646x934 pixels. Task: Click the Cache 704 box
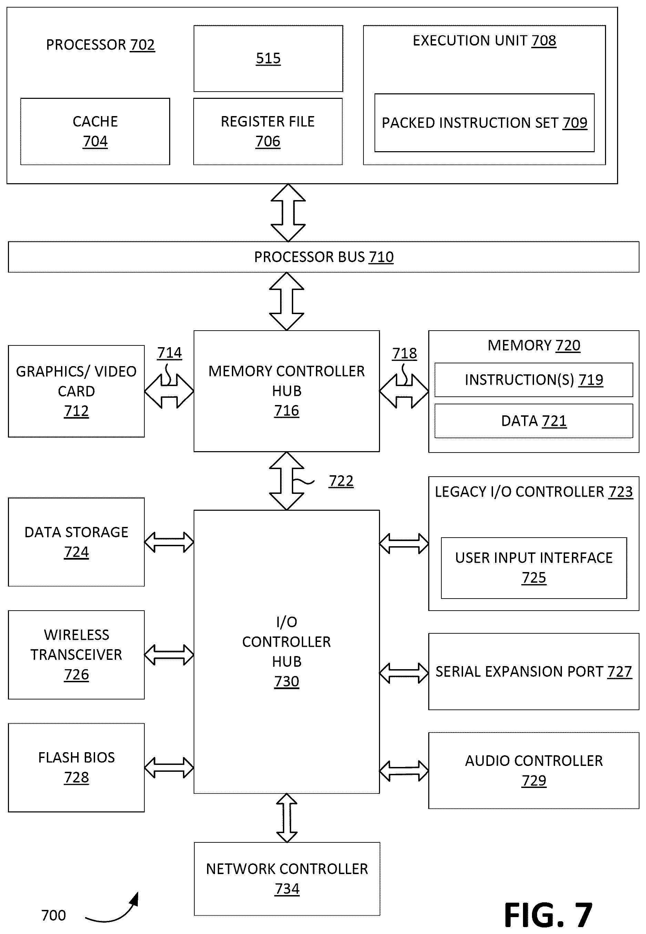(95, 132)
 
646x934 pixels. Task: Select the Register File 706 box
(268, 132)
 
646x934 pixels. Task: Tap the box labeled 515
(268, 59)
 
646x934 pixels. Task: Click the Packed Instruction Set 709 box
(484, 123)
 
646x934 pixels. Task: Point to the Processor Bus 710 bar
(324, 257)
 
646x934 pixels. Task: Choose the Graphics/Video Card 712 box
(76, 391)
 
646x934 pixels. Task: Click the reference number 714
(170, 353)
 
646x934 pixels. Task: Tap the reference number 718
(404, 354)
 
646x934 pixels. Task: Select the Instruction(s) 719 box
(534, 380)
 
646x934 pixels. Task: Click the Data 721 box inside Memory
(534, 421)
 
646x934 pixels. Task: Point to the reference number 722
(341, 481)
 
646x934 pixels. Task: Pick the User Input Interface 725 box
(534, 568)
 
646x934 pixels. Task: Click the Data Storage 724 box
(76, 542)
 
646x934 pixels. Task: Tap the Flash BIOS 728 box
(76, 768)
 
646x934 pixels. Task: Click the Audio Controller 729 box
(534, 770)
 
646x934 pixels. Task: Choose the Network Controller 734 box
(287, 879)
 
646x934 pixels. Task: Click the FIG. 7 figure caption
(548, 915)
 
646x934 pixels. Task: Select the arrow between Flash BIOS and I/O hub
(169, 768)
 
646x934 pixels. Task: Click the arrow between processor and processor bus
(288, 213)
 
